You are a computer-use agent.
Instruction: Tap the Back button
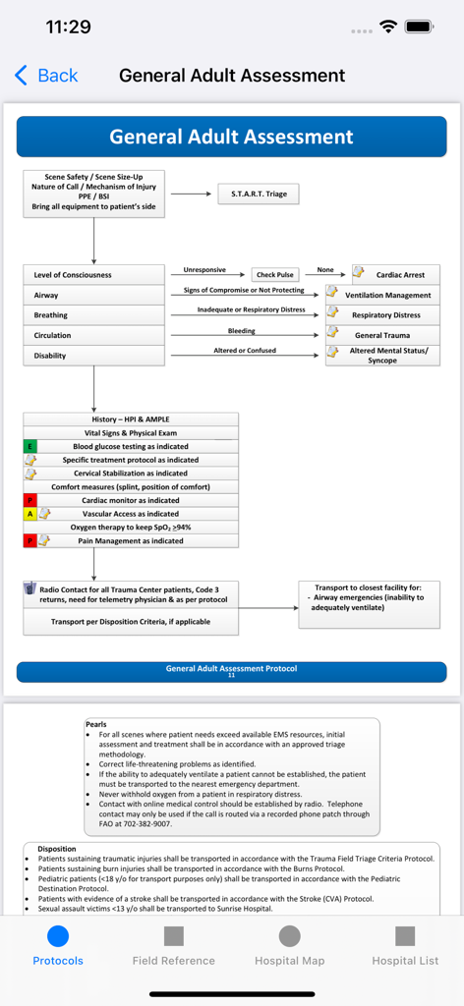pyautogui.click(x=46, y=76)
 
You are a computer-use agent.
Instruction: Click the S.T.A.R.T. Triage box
pyautogui.click(x=259, y=194)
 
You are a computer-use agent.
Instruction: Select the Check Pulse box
pyautogui.click(x=275, y=275)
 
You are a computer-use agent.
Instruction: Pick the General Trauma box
pyautogui.click(x=382, y=336)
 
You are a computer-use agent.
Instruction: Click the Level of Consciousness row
pyautogui.click(x=94, y=275)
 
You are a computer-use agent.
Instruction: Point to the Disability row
pyautogui.click(x=94, y=356)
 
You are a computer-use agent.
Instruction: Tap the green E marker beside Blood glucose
pyautogui.click(x=30, y=446)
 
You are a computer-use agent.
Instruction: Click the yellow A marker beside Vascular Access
pyautogui.click(x=30, y=514)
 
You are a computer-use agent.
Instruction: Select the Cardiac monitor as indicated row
pyautogui.click(x=130, y=500)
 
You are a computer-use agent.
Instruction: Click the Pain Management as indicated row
pyautogui.click(x=130, y=540)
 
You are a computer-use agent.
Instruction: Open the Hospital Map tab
pyautogui.click(x=289, y=945)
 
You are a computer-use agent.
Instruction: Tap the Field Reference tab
pyautogui.click(x=174, y=945)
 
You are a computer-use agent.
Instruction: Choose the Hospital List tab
pyautogui.click(x=405, y=945)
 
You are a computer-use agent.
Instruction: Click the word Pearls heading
pyautogui.click(x=95, y=724)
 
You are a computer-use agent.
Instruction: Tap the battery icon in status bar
pyautogui.click(x=420, y=27)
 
